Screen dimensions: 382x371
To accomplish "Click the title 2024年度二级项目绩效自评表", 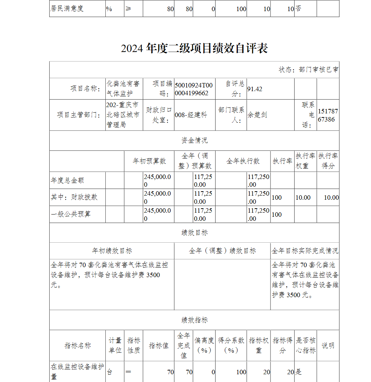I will (194, 49).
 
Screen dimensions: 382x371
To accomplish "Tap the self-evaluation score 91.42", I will (255, 89).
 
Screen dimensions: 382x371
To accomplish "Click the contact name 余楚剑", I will (257, 115).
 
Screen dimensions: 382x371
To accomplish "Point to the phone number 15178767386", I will (328, 115).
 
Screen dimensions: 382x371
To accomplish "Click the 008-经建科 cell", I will (191, 115).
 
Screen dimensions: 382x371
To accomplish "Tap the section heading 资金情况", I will (194, 140).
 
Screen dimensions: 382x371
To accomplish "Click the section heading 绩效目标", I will (194, 233).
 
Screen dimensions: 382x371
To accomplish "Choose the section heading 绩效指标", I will (194, 320).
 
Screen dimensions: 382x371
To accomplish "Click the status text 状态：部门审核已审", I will (308, 70).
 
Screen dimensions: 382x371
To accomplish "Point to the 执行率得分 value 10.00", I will (331, 197).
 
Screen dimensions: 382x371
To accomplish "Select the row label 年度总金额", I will (68, 180).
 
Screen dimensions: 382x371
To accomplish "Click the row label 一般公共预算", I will (71, 214).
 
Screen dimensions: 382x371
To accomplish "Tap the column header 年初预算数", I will (149, 161).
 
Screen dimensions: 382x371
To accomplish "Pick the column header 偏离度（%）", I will (204, 345).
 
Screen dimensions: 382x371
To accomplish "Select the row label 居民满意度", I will (67, 9).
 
